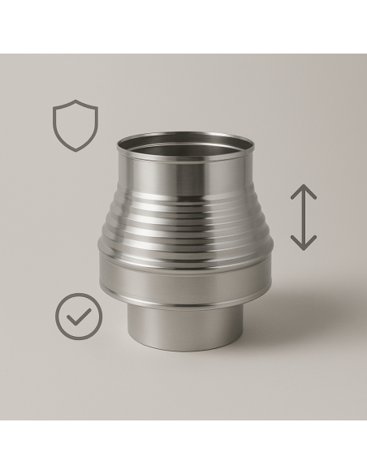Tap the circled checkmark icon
click(x=79, y=316)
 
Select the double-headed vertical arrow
click(x=304, y=217)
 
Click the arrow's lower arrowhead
click(x=304, y=243)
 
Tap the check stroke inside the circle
click(x=79, y=317)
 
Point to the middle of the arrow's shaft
click(x=304, y=217)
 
